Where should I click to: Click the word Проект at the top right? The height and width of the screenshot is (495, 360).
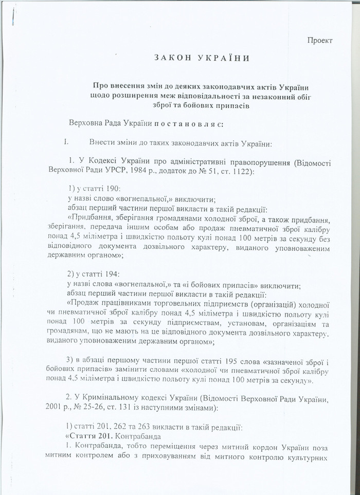(x=320, y=40)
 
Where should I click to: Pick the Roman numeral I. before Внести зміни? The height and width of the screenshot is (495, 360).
(x=65, y=142)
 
